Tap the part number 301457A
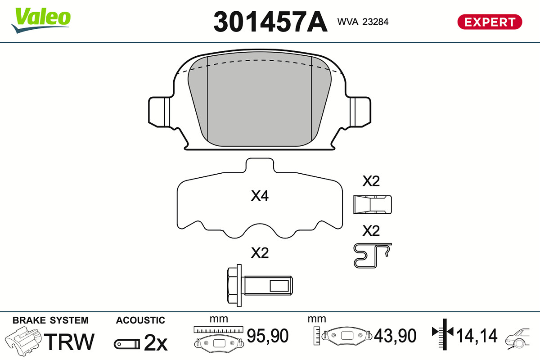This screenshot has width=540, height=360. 270,22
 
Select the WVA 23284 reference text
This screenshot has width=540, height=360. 363,22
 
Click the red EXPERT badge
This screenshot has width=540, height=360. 490,22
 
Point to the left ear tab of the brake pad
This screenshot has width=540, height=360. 159,112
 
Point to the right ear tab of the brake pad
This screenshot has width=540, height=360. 360,112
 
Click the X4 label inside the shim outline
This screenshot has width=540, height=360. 260,196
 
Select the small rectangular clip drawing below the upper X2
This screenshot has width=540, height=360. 373,205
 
